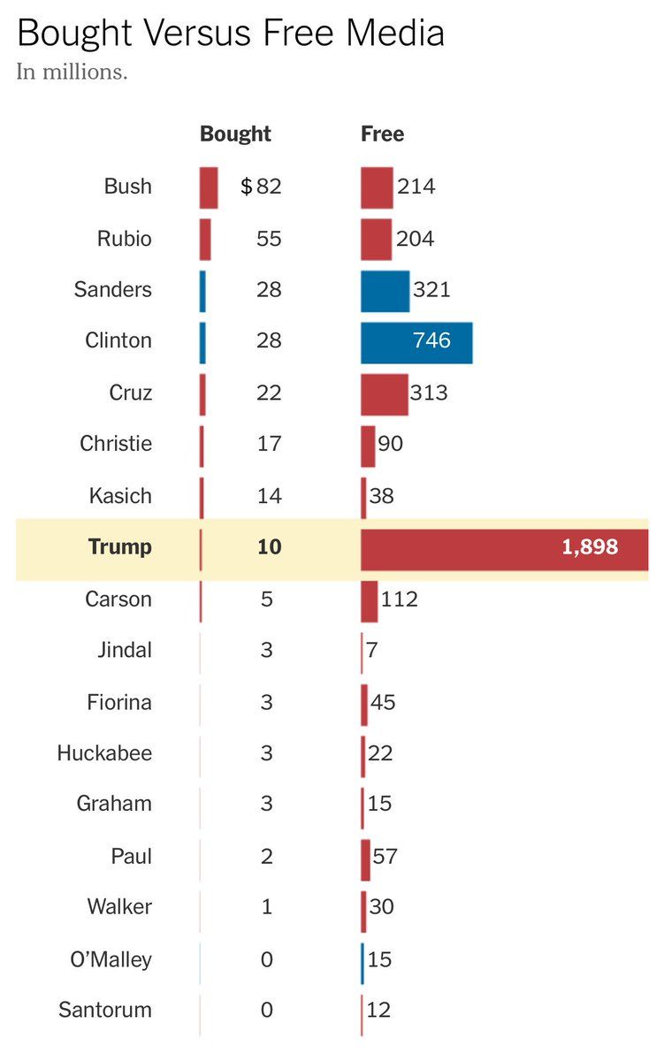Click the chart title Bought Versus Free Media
pyautogui.click(x=230, y=34)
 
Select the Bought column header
pyautogui.click(x=235, y=134)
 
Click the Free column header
pyautogui.click(x=382, y=134)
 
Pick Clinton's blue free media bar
pyautogui.click(x=416, y=342)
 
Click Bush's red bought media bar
pyautogui.click(x=209, y=187)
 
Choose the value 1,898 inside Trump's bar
pyautogui.click(x=590, y=547)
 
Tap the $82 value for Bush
pyautogui.click(x=262, y=187)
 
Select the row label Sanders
pyautogui.click(x=113, y=290)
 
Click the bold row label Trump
pyautogui.click(x=120, y=547)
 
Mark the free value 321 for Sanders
pyautogui.click(x=431, y=290)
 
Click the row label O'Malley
pyautogui.click(x=111, y=959)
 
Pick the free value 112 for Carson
pyautogui.click(x=399, y=599)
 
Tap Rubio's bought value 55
pyautogui.click(x=268, y=239)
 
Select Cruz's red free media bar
pyautogui.click(x=384, y=394)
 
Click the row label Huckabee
pyautogui.click(x=104, y=753)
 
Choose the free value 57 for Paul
pyautogui.click(x=385, y=856)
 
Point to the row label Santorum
pyautogui.click(x=105, y=1010)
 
